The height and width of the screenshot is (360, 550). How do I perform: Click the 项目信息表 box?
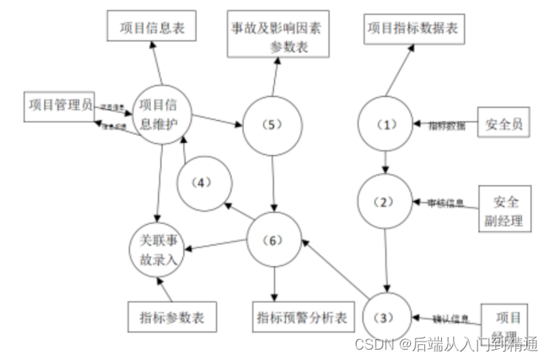coord(152,27)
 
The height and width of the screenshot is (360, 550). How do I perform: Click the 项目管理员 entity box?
coord(59,106)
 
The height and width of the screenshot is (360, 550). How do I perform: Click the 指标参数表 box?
coord(166,317)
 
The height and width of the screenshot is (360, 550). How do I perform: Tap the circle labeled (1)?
coord(385,126)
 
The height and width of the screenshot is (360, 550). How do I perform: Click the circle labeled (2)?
coord(385,202)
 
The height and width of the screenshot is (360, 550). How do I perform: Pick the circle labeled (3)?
coord(385,318)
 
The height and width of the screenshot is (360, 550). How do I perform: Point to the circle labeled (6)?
coord(274,239)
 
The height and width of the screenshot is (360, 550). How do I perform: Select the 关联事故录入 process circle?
coord(159,246)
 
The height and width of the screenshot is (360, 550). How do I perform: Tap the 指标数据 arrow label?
coord(447,126)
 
